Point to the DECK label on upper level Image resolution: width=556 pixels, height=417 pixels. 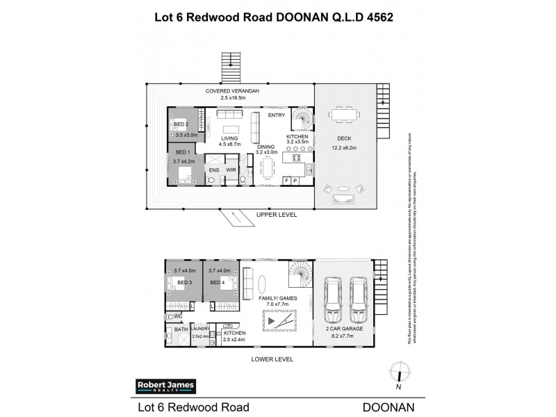coord(345,139)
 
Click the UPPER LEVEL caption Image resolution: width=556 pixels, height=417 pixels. coord(277,215)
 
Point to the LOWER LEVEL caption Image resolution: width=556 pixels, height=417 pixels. coord(274,359)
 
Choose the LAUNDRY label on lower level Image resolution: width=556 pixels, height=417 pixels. coord(200,329)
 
